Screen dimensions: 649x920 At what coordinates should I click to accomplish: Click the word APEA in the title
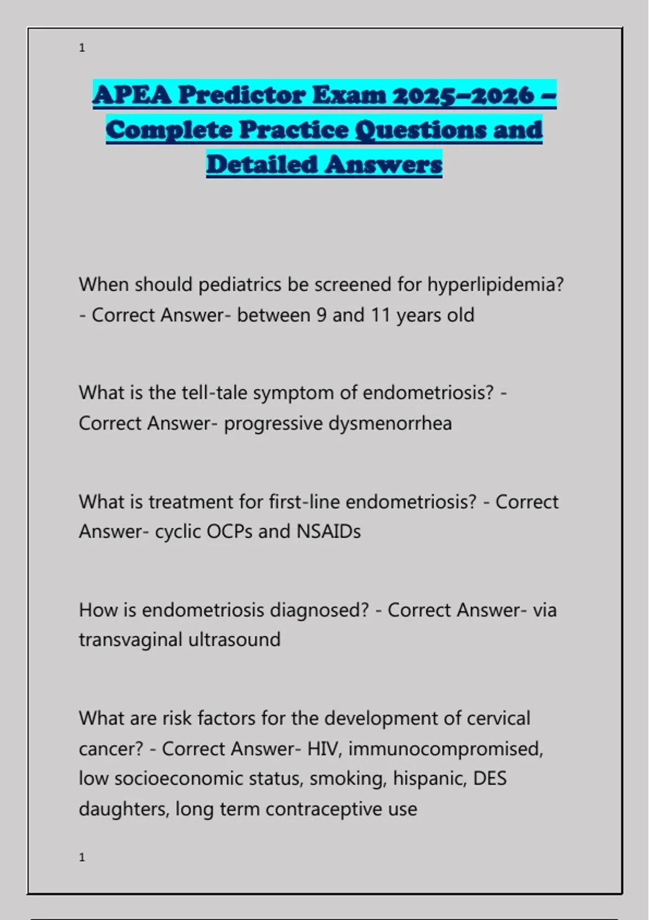click(x=132, y=95)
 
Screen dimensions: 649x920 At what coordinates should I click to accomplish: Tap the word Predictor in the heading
click(x=242, y=95)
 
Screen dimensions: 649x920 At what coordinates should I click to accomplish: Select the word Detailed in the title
click(x=261, y=165)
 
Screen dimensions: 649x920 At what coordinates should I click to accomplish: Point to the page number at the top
click(x=82, y=48)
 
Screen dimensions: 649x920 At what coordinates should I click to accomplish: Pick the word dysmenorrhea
click(x=390, y=424)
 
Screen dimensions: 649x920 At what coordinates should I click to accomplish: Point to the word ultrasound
click(x=234, y=640)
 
